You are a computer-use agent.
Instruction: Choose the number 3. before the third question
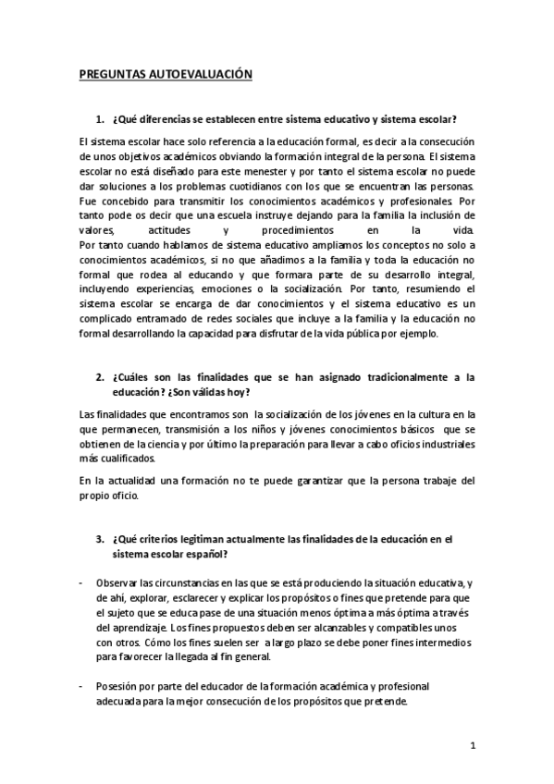(x=100, y=537)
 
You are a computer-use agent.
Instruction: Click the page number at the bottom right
(x=472, y=745)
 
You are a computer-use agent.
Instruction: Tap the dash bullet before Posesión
(x=82, y=686)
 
